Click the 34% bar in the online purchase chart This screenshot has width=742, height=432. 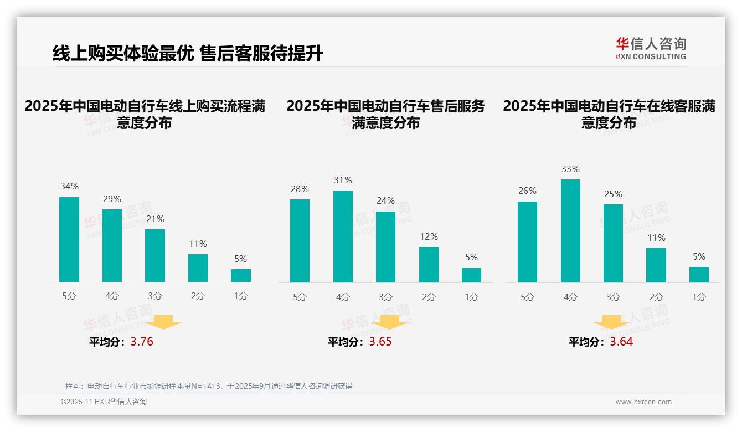[x=69, y=239]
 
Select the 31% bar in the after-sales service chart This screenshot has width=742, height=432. [x=343, y=236]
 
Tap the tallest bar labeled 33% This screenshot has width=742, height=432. [x=570, y=231]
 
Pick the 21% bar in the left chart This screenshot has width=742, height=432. [x=155, y=255]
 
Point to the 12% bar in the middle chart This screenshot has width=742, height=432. [x=429, y=265]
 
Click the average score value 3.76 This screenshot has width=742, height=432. [x=142, y=342]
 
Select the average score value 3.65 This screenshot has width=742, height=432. [x=380, y=342]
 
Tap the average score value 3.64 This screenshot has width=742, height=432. [x=621, y=342]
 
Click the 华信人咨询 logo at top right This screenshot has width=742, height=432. [x=651, y=48]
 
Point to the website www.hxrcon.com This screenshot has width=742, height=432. [x=643, y=402]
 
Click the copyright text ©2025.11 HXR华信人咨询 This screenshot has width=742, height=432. [x=104, y=402]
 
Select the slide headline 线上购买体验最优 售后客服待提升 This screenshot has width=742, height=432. [x=187, y=54]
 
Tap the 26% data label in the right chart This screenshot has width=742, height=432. [x=527, y=191]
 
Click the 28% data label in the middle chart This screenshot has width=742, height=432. [x=300, y=189]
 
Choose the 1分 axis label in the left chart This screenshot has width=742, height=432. [x=241, y=296]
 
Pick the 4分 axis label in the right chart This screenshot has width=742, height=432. [x=570, y=297]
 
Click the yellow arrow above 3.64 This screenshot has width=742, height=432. [x=611, y=323]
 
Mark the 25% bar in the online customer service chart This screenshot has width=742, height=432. [x=613, y=243]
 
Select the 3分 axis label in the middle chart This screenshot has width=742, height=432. [x=386, y=297]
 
